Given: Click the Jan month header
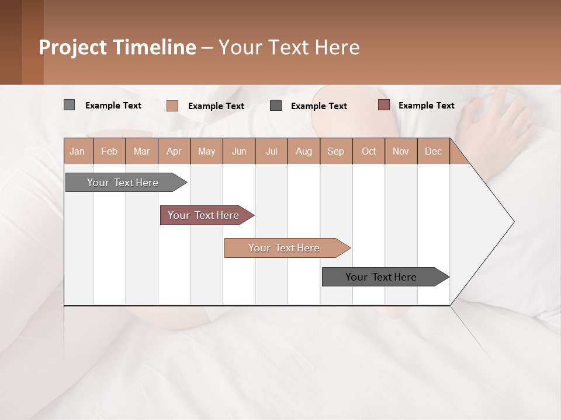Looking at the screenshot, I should (77, 151).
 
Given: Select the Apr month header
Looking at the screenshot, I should (174, 151).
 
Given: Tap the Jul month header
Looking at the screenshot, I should (271, 151).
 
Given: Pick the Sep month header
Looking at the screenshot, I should (335, 151).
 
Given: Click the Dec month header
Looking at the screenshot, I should (433, 151).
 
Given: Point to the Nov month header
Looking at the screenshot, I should (400, 151).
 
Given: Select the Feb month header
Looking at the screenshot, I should (109, 151).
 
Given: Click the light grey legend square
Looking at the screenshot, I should (69, 105).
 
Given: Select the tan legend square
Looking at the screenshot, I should (172, 106).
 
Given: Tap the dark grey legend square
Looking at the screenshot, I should (276, 106).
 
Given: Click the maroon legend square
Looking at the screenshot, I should (383, 105).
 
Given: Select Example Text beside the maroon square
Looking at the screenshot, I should (426, 105).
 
